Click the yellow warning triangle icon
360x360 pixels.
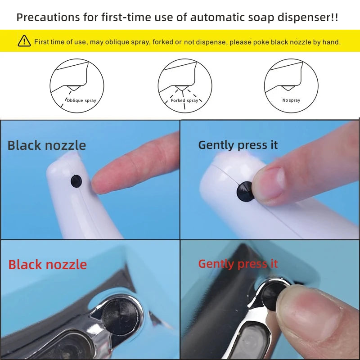24,41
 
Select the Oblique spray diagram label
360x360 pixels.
81,101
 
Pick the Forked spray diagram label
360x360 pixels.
184,101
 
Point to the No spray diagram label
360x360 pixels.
291,100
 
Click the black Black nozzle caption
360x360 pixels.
46,145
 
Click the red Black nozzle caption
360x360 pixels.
47,264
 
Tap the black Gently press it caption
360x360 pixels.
238,145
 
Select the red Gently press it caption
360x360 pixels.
238,264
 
